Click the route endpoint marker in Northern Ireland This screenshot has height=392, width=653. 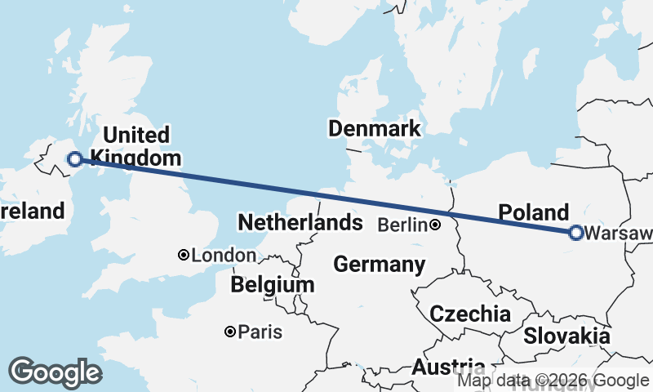click(75, 159)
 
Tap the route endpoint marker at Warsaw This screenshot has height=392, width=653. click(575, 233)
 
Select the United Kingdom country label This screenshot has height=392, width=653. click(135, 146)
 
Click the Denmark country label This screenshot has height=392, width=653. click(374, 128)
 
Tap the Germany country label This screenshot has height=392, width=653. click(379, 265)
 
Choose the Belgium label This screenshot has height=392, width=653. click(272, 285)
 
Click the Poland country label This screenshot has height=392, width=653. click(533, 212)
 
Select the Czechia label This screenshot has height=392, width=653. click(470, 314)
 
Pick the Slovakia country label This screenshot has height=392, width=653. click(566, 335)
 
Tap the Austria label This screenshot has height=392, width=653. click(448, 367)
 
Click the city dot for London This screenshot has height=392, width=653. click(184, 256)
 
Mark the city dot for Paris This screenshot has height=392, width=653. click(231, 332)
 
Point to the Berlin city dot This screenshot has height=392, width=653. click(436, 225)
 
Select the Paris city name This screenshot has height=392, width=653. click(261, 332)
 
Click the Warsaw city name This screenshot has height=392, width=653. click(620, 234)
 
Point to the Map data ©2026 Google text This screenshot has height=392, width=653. click(553, 381)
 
